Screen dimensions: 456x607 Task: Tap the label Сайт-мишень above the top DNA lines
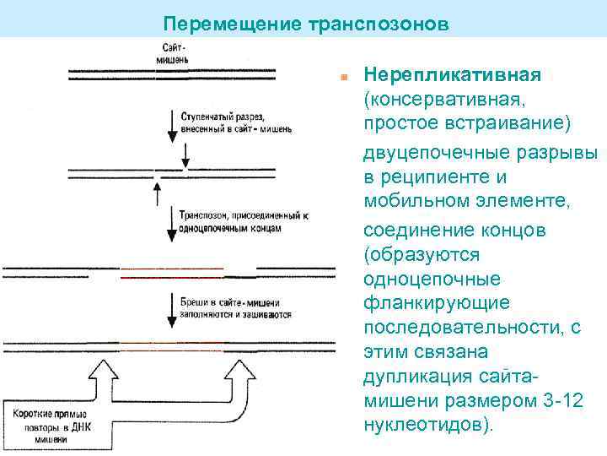(x=175, y=56)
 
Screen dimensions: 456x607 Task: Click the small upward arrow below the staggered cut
(x=157, y=193)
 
